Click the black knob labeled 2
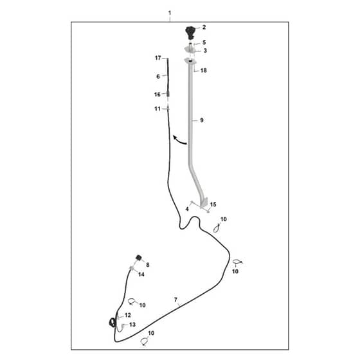[x=190, y=33]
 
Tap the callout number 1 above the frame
[x=170, y=13]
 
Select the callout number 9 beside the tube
[x=202, y=120]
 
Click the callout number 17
[x=158, y=58]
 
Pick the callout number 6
[x=158, y=76]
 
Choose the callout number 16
[x=157, y=94]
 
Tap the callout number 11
[x=157, y=109]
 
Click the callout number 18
[x=203, y=70]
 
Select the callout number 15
[x=213, y=204]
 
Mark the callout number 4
[x=187, y=209]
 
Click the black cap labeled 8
[x=139, y=258]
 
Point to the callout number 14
[x=141, y=274]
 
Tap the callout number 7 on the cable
[x=176, y=300]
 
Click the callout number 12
[x=128, y=315]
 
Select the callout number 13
[x=132, y=325]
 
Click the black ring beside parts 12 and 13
[x=111, y=323]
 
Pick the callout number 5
[x=204, y=42]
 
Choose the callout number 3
[x=205, y=50]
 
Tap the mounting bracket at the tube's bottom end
[x=204, y=203]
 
